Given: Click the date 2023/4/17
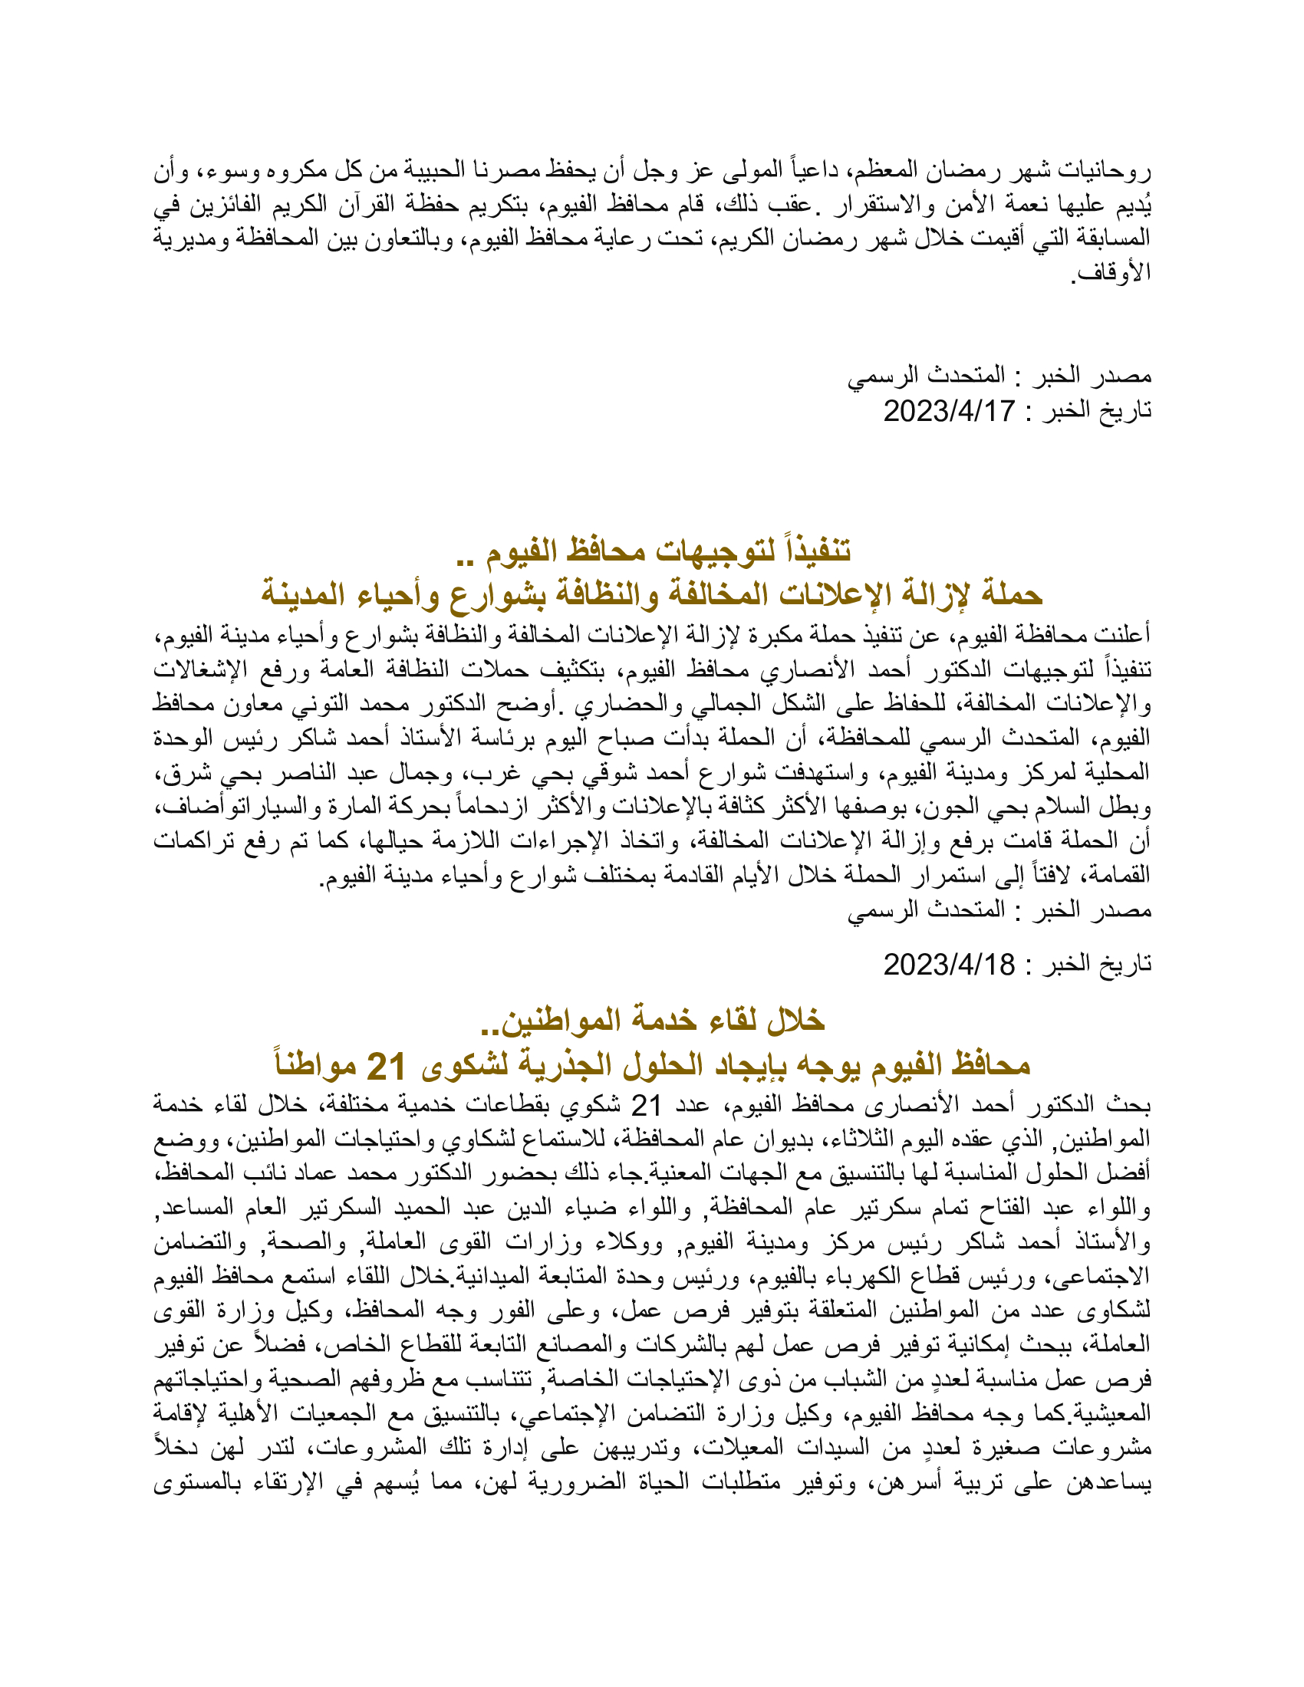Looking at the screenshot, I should [x=949, y=411].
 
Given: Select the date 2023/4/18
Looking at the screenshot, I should [x=949, y=965].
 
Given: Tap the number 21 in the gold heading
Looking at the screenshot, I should [x=386, y=1067].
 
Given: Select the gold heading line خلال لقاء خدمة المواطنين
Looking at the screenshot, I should [x=652, y=1021].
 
